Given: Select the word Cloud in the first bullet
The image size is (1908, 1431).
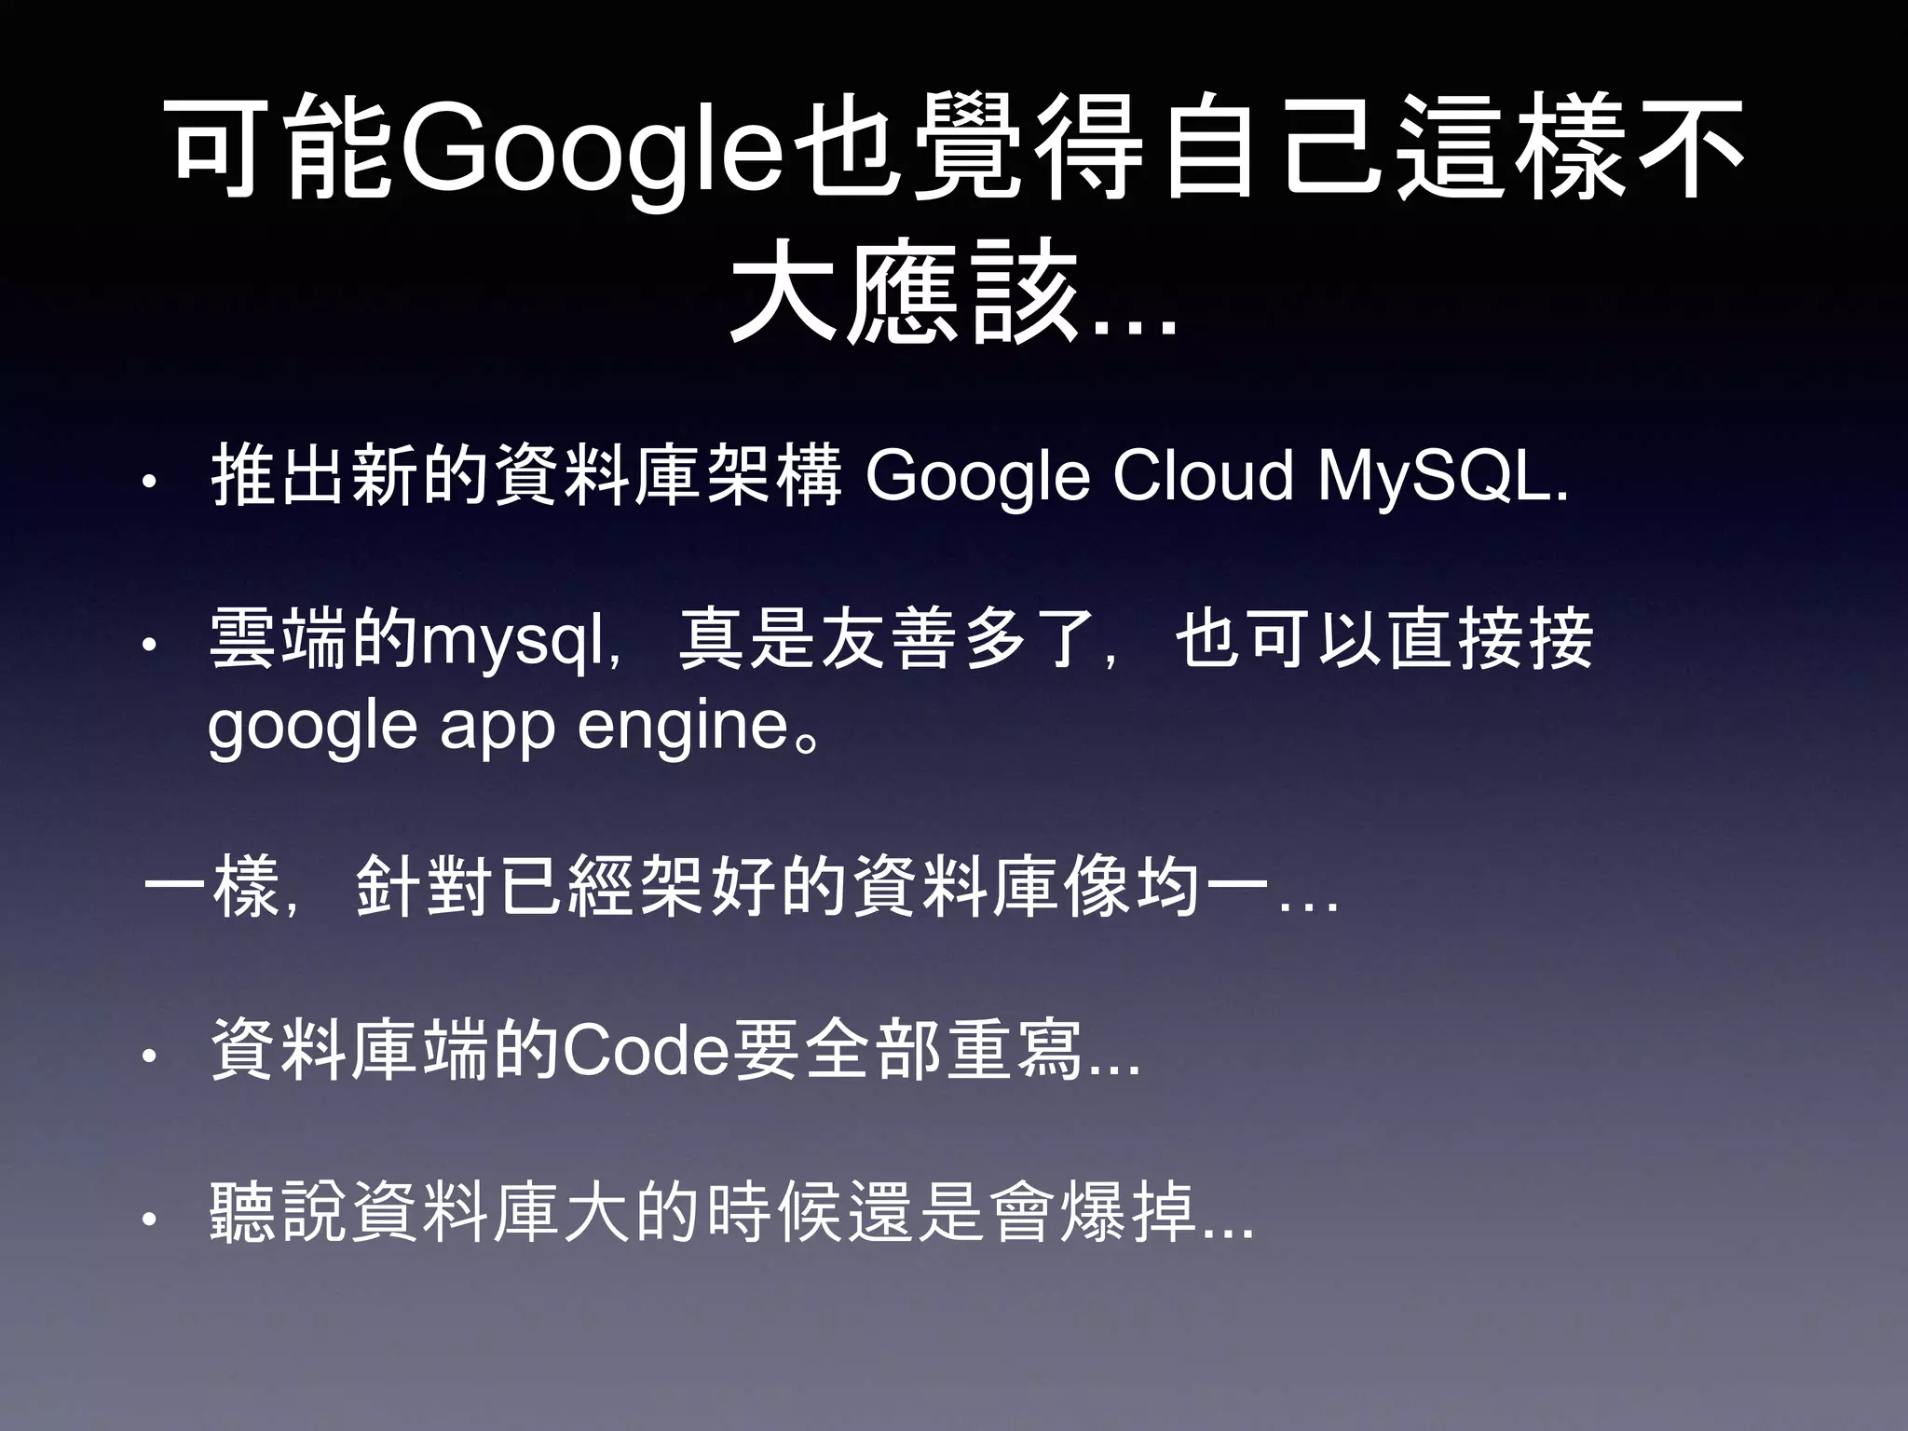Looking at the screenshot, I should click(x=1203, y=476).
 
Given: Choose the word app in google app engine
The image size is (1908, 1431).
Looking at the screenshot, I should click(x=497, y=727).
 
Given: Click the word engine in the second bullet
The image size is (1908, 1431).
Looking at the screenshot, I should click(x=684, y=727).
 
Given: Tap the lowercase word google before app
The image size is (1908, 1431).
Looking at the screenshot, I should click(x=312, y=727).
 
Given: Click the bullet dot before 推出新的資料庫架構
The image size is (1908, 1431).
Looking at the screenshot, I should click(x=150, y=484).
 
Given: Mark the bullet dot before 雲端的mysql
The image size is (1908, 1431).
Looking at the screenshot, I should click(x=150, y=646).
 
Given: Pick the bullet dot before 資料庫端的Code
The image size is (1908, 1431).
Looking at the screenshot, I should click(x=150, y=1056).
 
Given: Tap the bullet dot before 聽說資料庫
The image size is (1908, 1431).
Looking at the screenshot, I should click(x=150, y=1219).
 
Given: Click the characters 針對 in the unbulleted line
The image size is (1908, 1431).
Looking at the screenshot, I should click(x=424, y=886).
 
